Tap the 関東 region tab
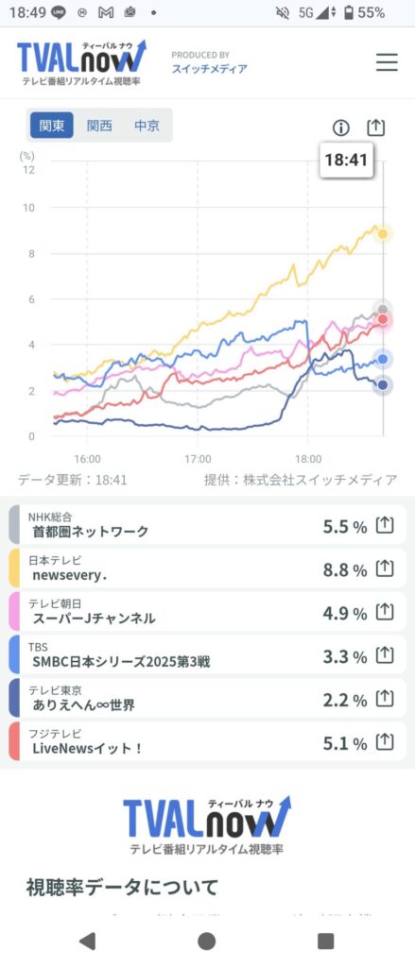52,126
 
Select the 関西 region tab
99,126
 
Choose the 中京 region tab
147,126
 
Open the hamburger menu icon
387,62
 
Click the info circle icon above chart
341,127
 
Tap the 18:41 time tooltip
345,161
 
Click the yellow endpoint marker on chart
382,233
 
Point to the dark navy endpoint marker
382,384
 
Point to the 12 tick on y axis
29,170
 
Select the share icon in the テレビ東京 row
385,698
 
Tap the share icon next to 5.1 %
385,741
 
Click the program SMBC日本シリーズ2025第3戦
121,662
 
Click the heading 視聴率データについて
122,887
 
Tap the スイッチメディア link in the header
209,69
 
